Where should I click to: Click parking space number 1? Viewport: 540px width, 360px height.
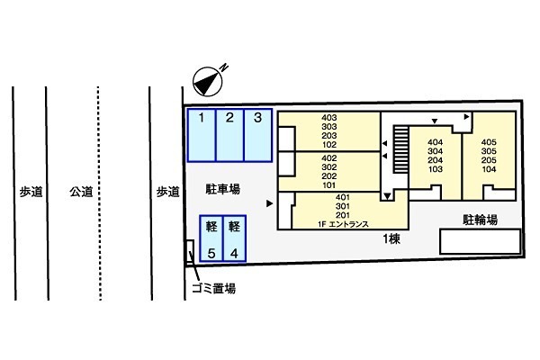tap(202, 135)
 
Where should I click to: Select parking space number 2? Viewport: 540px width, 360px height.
tap(230, 135)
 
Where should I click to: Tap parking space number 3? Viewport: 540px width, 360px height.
tap(258, 135)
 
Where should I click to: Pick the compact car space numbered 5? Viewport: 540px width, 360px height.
tap(211, 238)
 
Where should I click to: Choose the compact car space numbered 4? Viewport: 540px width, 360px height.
tap(235, 238)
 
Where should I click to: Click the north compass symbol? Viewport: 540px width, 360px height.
tap(208, 81)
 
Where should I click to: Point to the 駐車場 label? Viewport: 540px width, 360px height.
tap(222, 189)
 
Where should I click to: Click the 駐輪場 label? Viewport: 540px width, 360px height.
tap(480, 220)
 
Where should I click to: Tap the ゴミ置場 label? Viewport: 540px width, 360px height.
tap(214, 288)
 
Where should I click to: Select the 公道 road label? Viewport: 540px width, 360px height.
tap(81, 192)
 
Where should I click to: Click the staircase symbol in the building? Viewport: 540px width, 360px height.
tap(400, 148)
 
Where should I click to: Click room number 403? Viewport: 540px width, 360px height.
tap(328, 118)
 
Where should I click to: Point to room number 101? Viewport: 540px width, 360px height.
tap(328, 185)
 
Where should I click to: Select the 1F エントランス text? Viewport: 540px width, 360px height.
tap(343, 224)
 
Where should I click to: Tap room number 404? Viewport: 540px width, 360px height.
tap(436, 142)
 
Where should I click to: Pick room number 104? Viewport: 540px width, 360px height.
tap(489, 169)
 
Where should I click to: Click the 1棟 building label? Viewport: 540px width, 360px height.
tap(391, 238)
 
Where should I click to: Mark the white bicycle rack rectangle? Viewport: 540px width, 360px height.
tap(481, 241)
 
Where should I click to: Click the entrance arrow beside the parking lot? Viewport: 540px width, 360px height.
tap(270, 203)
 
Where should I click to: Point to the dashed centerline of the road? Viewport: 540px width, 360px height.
tap(100, 193)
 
